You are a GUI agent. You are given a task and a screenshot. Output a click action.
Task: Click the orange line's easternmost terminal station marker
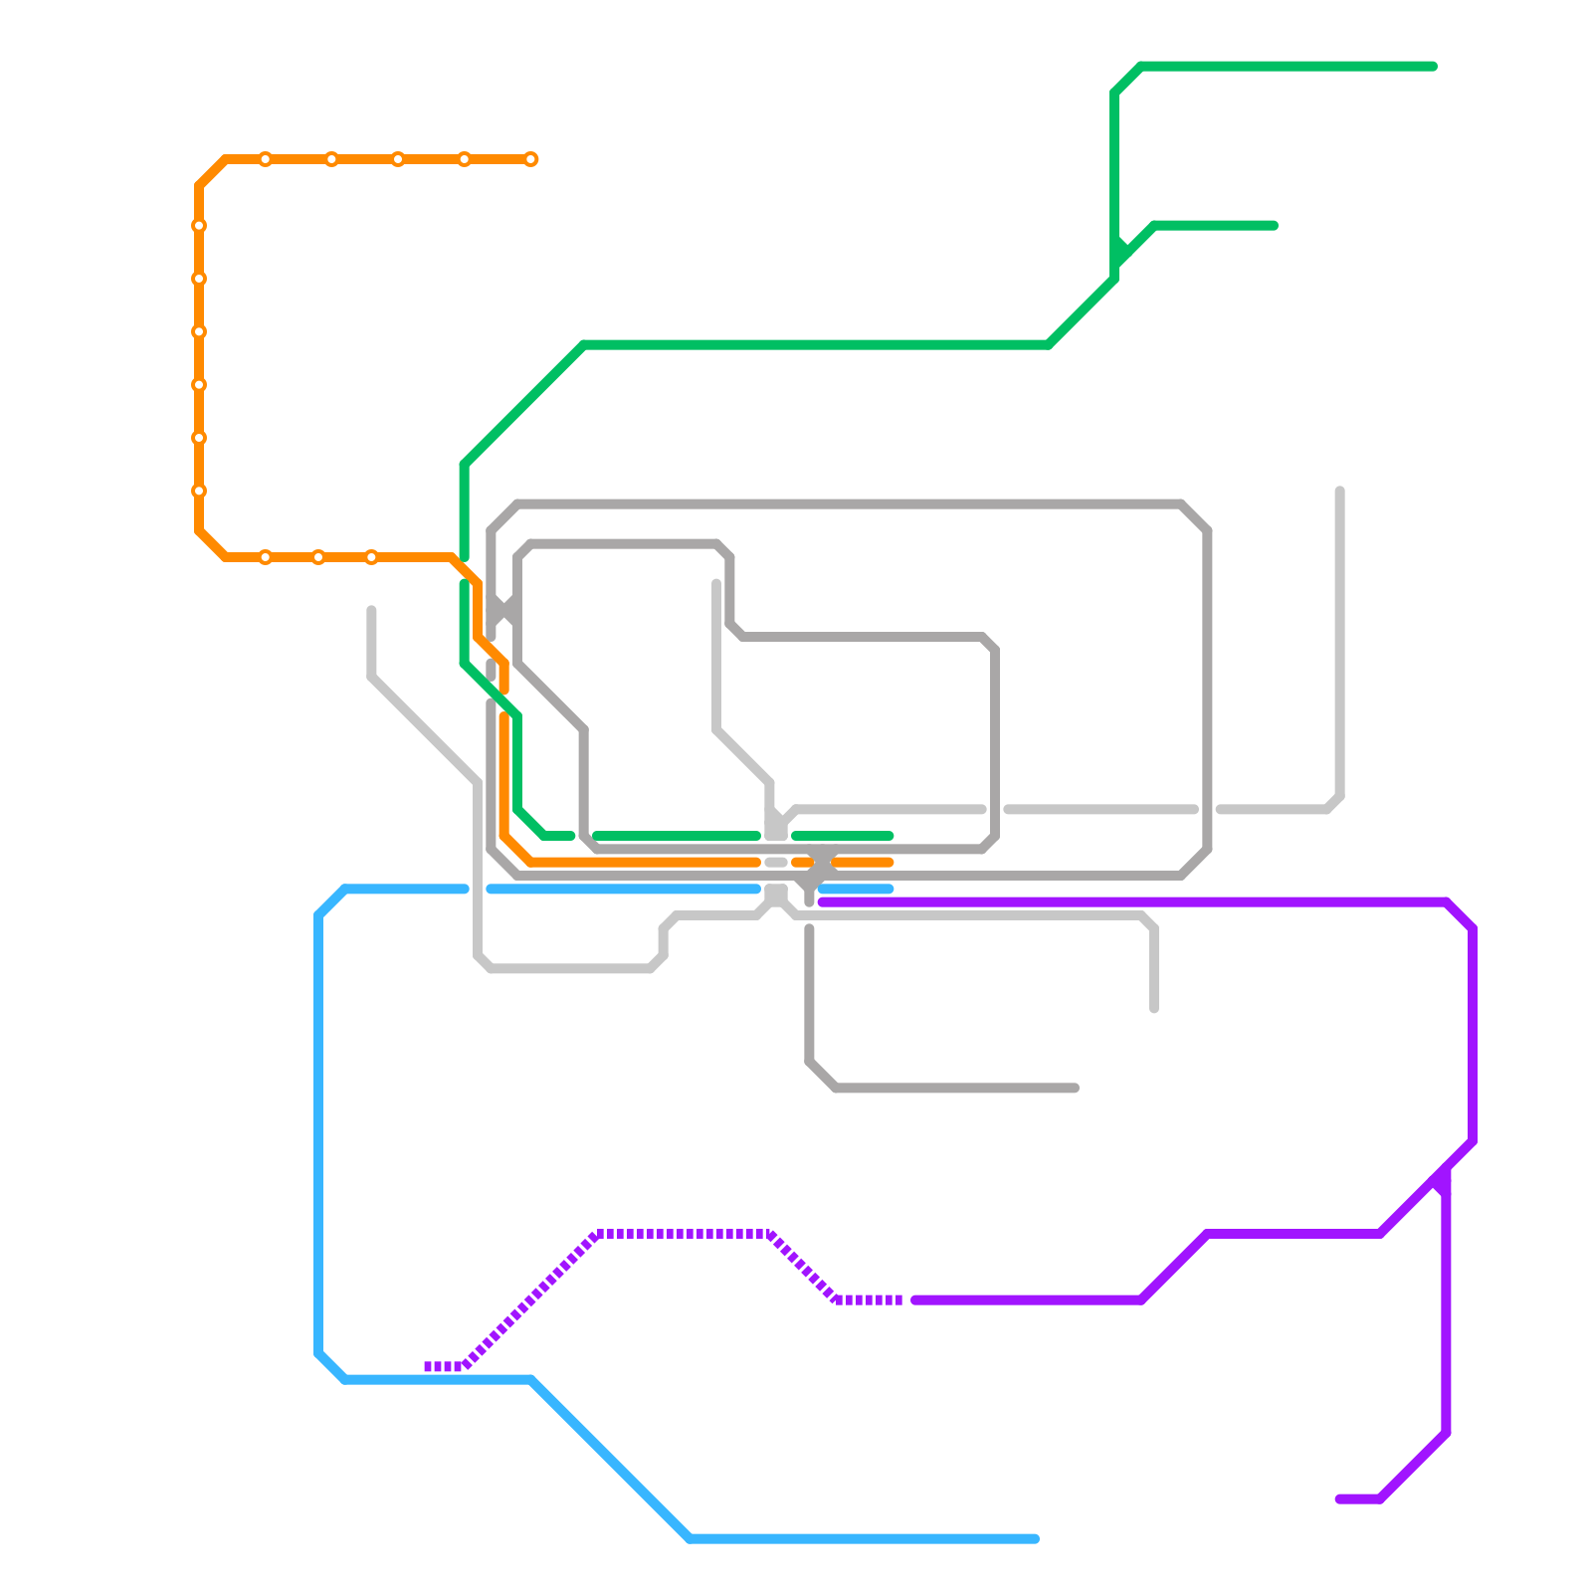[530, 159]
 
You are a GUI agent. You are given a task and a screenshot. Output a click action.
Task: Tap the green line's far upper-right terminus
[1433, 67]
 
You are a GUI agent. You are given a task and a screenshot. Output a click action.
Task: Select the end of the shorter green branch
[1274, 226]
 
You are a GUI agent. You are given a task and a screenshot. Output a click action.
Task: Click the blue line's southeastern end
[1035, 1539]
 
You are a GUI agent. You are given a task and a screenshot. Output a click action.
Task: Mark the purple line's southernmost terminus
[1340, 1499]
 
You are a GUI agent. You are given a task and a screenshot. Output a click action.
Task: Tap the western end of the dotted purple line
[428, 1366]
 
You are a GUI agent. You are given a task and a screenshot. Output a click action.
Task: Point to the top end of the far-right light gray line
[1340, 492]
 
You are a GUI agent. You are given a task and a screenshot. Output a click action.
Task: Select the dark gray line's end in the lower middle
[1075, 1089]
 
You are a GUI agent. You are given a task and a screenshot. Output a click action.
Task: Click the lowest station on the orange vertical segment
[199, 491]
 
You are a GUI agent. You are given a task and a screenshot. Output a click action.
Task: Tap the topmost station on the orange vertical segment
[199, 226]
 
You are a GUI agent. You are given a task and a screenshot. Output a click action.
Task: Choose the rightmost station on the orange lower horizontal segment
[371, 557]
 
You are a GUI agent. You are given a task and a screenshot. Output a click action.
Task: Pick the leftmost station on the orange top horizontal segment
[266, 159]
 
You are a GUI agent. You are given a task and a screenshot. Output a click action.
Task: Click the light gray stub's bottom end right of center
[1154, 1009]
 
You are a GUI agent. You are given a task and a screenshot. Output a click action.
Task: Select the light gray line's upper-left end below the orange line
[371, 610]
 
